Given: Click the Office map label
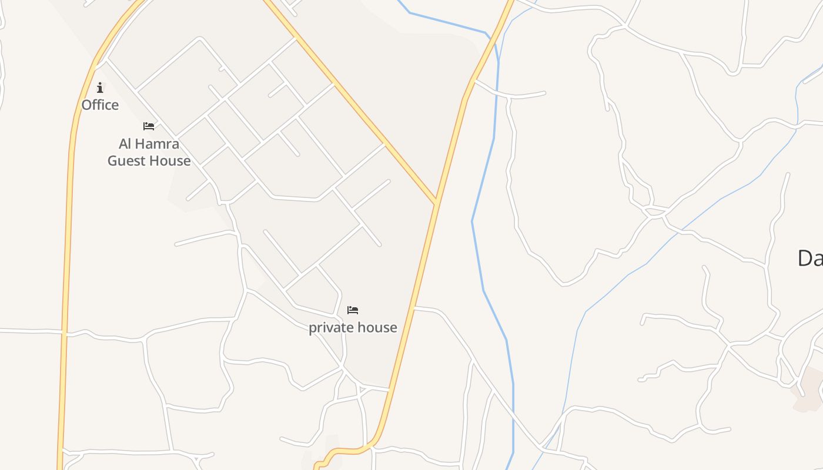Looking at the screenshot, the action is tap(100, 105).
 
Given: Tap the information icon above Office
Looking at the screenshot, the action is tap(100, 88).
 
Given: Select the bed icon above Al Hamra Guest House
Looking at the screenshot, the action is tap(149, 126).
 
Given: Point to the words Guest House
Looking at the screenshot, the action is tap(149, 160).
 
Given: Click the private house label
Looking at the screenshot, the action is tap(353, 327).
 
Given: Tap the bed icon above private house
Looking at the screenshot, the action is tap(353, 310).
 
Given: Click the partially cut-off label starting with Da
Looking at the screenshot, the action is tap(809, 258).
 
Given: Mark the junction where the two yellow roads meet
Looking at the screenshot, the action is tap(436, 203).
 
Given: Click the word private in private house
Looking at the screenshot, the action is tap(330, 327).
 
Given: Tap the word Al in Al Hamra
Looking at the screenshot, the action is tap(125, 144).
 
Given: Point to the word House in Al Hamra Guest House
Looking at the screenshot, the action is tap(170, 160).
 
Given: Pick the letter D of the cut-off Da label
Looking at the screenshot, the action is tap(804, 258).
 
